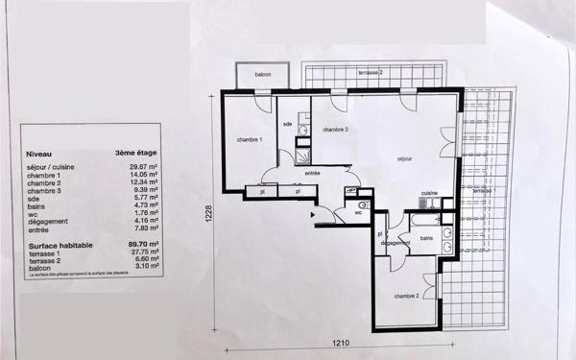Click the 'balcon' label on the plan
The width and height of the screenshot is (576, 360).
262,75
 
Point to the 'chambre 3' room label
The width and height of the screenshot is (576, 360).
334,130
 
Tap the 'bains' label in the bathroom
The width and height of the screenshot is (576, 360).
426,236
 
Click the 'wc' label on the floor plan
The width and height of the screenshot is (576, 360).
357,213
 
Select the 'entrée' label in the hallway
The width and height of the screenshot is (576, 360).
312,173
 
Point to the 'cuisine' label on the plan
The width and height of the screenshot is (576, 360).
428,193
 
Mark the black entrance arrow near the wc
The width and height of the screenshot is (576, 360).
313,215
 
